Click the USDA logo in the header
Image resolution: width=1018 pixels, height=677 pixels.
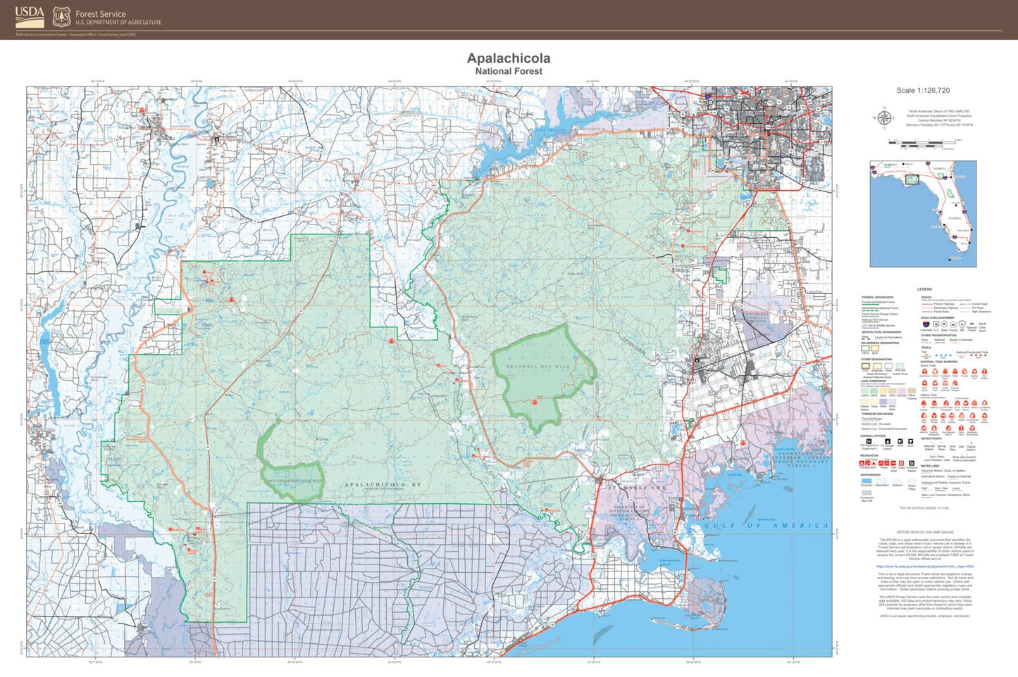[x=30, y=15]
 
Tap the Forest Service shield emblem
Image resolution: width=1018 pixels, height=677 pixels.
[x=62, y=17]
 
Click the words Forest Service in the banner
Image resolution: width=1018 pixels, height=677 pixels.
[x=101, y=13]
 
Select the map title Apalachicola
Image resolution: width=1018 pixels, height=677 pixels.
[x=509, y=58]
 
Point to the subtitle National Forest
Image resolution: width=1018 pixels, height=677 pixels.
[x=509, y=71]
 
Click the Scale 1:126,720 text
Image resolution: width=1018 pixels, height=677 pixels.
[x=923, y=90]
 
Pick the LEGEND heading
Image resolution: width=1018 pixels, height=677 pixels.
[x=924, y=289]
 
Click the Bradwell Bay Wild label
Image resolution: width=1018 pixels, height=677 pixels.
[x=538, y=367]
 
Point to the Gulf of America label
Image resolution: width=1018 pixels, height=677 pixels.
[x=766, y=526]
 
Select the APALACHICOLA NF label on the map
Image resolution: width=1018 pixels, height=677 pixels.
[x=383, y=484]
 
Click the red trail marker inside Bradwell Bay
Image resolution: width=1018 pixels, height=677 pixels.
[x=535, y=402]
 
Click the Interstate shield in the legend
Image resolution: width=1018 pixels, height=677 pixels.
[x=926, y=324]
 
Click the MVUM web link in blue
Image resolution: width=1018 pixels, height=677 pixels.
[x=925, y=566]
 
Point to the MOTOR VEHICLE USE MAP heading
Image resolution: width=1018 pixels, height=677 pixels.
[x=925, y=532]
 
